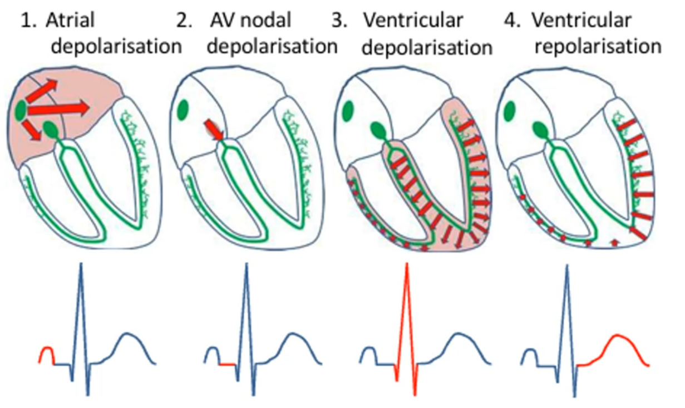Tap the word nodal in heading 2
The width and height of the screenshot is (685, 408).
point(265,21)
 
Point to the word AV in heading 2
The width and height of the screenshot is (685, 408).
point(222,21)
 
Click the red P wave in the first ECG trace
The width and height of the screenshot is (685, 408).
point(46,354)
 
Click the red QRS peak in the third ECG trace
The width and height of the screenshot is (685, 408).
point(407,278)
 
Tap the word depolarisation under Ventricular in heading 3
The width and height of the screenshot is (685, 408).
point(427,47)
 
